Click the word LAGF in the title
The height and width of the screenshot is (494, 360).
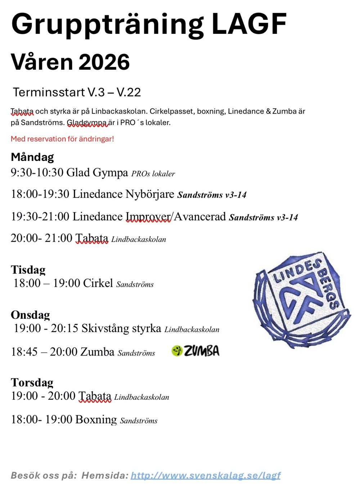click(x=249, y=24)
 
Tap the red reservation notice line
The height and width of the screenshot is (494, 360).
click(x=62, y=139)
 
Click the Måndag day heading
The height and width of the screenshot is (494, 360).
click(x=32, y=157)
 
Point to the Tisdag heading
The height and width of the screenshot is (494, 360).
click(x=28, y=269)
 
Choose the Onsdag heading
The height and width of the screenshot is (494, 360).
click(x=30, y=315)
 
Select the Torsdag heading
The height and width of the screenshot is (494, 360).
click(x=32, y=382)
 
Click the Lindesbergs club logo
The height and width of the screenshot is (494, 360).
click(x=301, y=300)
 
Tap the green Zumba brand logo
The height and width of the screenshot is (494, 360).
click(x=195, y=351)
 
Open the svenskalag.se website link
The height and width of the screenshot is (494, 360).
click(x=206, y=475)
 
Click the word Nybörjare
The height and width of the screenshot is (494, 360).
click(x=150, y=194)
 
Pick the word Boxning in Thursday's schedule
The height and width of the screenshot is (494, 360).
click(x=96, y=420)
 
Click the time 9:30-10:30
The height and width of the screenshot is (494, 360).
click(x=37, y=173)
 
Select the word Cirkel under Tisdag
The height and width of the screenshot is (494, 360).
click(x=98, y=283)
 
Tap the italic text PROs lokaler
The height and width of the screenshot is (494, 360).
click(x=153, y=174)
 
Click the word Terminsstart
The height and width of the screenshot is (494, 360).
click(x=49, y=92)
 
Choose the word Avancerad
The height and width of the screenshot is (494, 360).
click(x=200, y=217)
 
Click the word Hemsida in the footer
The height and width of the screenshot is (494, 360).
click(x=104, y=475)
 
